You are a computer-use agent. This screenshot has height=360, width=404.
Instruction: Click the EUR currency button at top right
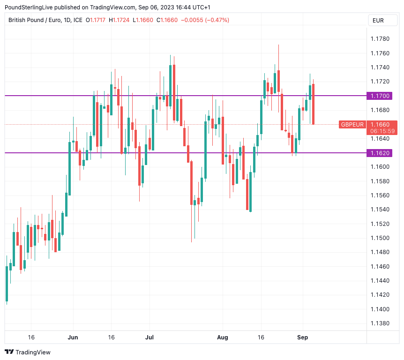(x=378, y=20)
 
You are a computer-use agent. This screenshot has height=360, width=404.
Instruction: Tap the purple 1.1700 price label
(x=380, y=96)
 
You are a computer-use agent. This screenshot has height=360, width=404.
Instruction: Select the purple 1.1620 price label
(x=380, y=153)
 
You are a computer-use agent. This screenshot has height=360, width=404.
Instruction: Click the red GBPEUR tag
(x=352, y=124)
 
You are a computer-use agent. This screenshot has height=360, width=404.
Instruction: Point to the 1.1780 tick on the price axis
(x=380, y=38)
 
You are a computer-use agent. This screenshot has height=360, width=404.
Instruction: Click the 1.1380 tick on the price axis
(x=380, y=323)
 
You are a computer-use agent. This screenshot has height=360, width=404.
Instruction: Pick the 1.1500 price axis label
(x=380, y=238)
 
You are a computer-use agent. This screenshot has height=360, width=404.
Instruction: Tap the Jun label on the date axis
(x=73, y=337)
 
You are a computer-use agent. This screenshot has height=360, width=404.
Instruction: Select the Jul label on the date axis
(x=150, y=337)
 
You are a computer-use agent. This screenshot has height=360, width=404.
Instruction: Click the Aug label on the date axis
(x=223, y=337)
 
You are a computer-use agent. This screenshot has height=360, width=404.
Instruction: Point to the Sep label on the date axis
(x=303, y=337)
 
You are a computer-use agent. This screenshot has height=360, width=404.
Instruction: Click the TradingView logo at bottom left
(x=28, y=352)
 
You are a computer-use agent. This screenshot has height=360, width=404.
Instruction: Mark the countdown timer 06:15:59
(x=382, y=131)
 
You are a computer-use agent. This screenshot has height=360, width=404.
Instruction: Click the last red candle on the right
(x=313, y=104)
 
